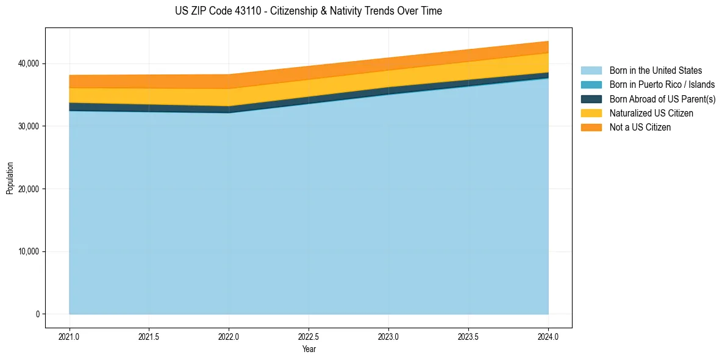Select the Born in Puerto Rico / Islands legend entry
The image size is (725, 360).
[662, 85]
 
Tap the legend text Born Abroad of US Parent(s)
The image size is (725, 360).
[662, 99]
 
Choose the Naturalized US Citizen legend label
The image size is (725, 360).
[651, 113]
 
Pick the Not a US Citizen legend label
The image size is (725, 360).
[640, 127]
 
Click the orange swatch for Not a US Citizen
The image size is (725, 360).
[591, 127]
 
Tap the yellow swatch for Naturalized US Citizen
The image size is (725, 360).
[591, 113]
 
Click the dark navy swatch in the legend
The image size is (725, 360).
[591, 99]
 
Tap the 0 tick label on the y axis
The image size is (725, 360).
[37, 314]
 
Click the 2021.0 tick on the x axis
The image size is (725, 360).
[70, 336]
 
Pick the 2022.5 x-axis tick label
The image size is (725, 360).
[309, 336]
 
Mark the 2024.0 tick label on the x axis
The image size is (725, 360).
[548, 336]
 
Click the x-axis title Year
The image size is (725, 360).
[309, 349]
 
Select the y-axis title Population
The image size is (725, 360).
[10, 178]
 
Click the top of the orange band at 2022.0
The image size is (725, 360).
[229, 75]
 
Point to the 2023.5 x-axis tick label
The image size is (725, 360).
[468, 336]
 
